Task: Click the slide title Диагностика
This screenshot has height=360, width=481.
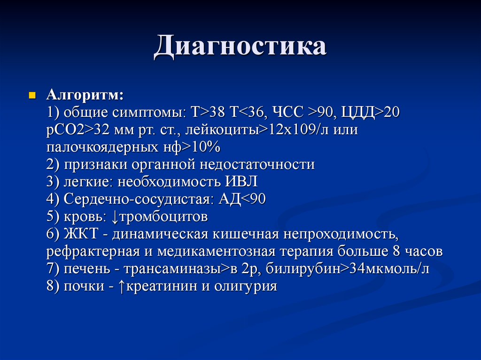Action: pyautogui.click(x=240, y=48)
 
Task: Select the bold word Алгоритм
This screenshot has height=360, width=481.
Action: pyautogui.click(x=85, y=96)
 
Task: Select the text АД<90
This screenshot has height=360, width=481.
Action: pyautogui.click(x=242, y=199)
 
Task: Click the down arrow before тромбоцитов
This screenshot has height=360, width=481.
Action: pyautogui.click(x=116, y=217)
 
